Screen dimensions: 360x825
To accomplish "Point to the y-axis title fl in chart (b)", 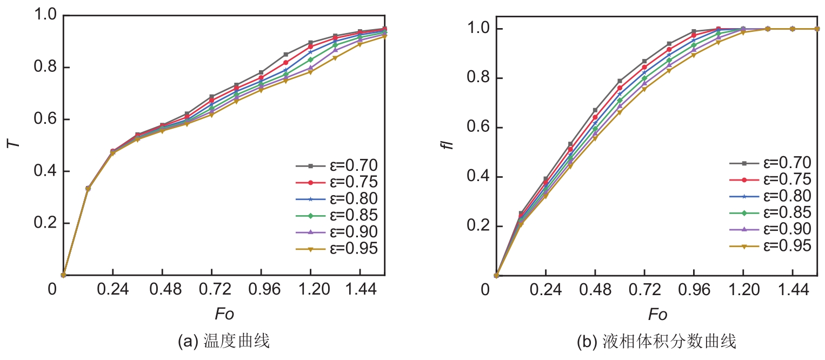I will pos(449,144).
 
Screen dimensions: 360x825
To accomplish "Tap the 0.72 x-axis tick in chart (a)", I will pos(212,291).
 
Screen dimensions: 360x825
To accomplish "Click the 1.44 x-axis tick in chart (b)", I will pos(793,291).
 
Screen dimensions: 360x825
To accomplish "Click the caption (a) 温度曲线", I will pos(223,342).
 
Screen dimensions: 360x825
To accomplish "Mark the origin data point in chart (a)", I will pos(63,275).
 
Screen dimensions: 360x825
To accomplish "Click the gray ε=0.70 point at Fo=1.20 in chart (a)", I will pos(310,42).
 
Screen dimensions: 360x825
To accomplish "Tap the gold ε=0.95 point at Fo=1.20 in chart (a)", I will pos(310,72).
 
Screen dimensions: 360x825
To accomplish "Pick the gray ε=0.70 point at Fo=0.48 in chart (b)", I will pos(595,110).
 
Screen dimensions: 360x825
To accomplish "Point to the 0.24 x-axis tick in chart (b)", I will pos(545,291).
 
